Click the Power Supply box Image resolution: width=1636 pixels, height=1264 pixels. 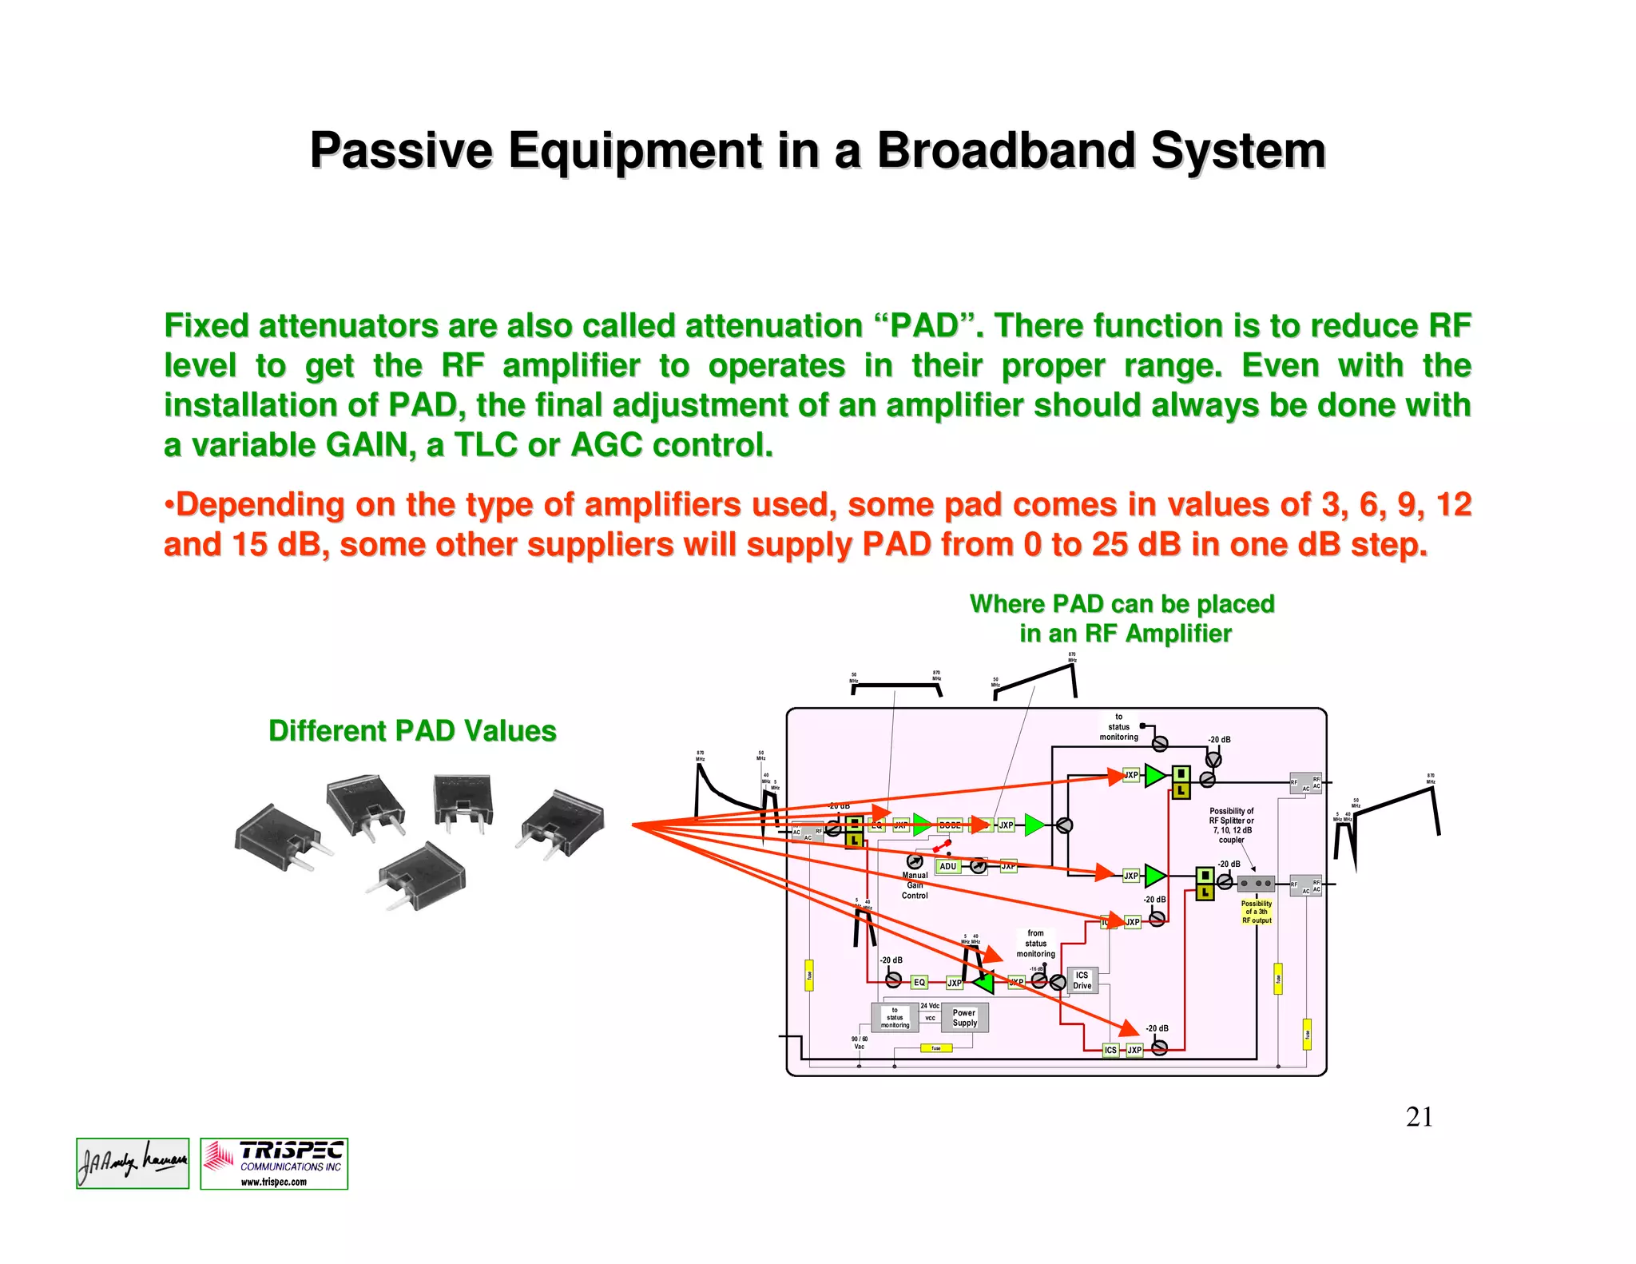click(964, 1017)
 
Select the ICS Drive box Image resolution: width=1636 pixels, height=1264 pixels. click(1082, 980)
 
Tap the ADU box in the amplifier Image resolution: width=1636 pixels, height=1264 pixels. click(947, 866)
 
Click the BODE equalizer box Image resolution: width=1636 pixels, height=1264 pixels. click(950, 825)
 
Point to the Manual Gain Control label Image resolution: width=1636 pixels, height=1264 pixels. click(915, 885)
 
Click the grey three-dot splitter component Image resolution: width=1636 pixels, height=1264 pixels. click(1256, 884)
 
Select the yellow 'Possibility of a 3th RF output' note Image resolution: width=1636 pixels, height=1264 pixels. click(1257, 912)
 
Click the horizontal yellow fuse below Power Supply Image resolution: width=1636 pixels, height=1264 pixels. click(935, 1048)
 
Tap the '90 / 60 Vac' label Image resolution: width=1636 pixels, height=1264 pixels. click(860, 1043)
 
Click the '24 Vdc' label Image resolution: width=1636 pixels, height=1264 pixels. click(930, 1006)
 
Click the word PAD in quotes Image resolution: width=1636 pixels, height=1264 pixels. click(924, 326)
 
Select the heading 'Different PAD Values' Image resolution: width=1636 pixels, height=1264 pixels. click(412, 731)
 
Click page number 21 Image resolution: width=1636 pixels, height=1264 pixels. click(1419, 1117)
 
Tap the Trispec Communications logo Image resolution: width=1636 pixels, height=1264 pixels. click(274, 1164)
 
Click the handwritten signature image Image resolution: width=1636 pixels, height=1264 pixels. click(133, 1163)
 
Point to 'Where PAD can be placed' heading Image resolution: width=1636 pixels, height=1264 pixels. click(1122, 605)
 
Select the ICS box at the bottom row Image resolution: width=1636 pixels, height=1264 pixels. click(1110, 1050)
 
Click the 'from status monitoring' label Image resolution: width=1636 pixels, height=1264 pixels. click(1035, 944)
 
